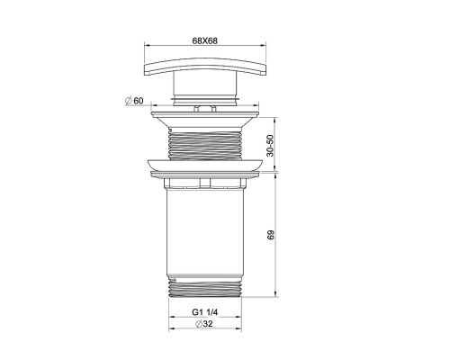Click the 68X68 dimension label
click(205, 40)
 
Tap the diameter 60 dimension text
click(134, 101)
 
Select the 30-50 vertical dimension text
click(270, 146)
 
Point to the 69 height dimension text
click(270, 235)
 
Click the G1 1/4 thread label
click(205, 312)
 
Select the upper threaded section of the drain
click(205, 143)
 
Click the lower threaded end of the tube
click(205, 287)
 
